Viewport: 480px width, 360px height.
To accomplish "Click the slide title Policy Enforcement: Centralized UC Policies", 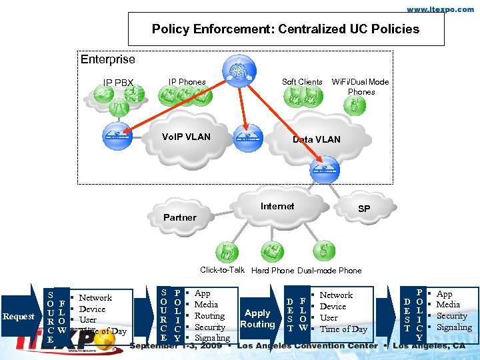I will [x=285, y=29].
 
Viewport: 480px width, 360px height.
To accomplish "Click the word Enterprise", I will [x=107, y=60].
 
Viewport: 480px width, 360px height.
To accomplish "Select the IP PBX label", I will [x=118, y=83].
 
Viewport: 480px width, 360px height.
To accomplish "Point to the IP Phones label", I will [x=187, y=82].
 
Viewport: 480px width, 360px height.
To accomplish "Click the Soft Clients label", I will [x=302, y=82].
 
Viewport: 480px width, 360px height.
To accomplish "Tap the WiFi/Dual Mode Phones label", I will [x=361, y=87].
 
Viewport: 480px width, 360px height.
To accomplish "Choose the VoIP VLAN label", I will [x=186, y=137].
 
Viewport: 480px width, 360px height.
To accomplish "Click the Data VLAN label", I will [x=317, y=139].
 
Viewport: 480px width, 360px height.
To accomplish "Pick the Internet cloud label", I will [x=277, y=207].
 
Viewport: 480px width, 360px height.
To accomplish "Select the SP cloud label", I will [x=364, y=209].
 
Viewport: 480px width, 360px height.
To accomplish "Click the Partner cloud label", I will [x=180, y=217].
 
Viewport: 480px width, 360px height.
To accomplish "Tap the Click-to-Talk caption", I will [x=223, y=270].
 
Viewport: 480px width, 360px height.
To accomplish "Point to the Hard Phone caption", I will [x=273, y=271].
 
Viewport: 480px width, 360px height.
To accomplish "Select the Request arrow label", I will [x=18, y=317].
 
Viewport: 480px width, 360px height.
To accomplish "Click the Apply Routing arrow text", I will [x=257, y=319].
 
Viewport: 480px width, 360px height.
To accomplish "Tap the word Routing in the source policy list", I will [x=209, y=316].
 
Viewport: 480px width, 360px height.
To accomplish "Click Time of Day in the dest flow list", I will [x=343, y=329].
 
